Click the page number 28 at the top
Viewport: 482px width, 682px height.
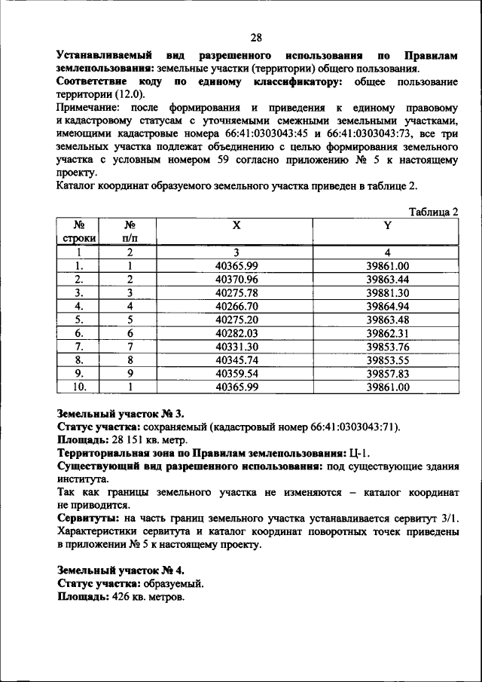click(256, 38)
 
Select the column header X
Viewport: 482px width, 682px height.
click(236, 225)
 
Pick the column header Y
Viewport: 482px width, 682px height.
click(387, 225)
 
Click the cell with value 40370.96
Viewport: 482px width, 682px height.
click(236, 279)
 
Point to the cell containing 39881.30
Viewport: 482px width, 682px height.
click(387, 292)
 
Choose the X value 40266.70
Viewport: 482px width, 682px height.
click(236, 306)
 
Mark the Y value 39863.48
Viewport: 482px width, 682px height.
click(387, 320)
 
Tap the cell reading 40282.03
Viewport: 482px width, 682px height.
click(236, 333)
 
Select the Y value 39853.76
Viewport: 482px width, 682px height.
click(387, 347)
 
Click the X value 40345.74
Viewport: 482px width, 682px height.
click(236, 360)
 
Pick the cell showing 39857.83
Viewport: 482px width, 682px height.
click(387, 374)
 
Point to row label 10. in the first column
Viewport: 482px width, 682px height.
click(79, 387)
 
